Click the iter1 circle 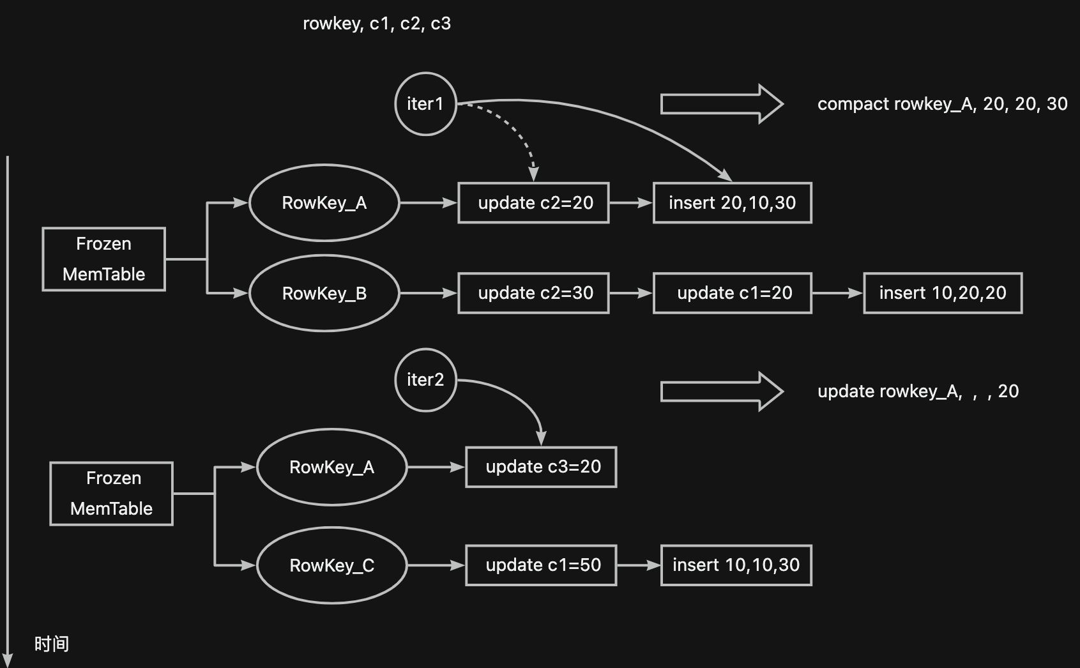(425, 103)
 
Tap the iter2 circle (425, 380)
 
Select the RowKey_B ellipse (324, 293)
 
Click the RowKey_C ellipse (331, 565)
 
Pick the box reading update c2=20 (534, 203)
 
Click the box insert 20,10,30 (732, 203)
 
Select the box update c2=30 (534, 293)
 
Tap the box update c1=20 (732, 293)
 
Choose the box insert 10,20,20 (943, 293)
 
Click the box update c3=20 (542, 467)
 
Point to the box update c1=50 (542, 565)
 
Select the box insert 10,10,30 (736, 565)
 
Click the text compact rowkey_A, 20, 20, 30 (942, 104)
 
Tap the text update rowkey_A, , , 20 (918, 391)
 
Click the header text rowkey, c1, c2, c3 (377, 24)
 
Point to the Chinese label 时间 (52, 644)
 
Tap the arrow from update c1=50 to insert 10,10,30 (639, 565)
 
